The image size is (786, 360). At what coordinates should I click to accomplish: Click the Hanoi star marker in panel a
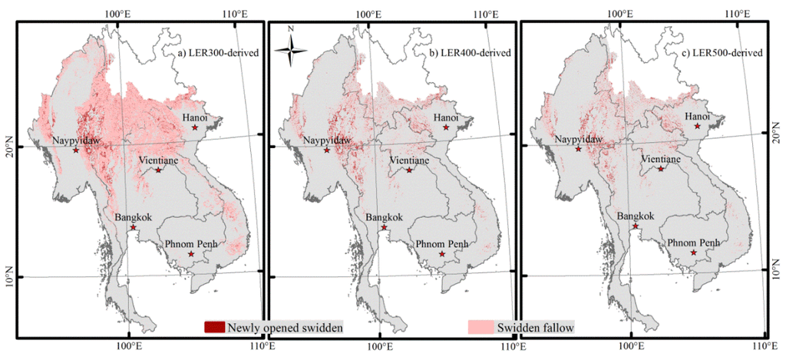coord(195,127)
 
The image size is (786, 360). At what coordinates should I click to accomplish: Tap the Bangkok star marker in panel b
coord(385,227)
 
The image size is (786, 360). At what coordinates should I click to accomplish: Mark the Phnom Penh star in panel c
coord(694,253)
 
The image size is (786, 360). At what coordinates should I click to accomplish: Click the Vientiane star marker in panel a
coord(159,170)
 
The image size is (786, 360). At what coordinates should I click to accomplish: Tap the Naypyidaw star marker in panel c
coord(578,149)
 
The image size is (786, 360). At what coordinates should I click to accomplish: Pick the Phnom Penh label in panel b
coord(443,243)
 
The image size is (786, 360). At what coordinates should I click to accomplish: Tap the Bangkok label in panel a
coord(134,217)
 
